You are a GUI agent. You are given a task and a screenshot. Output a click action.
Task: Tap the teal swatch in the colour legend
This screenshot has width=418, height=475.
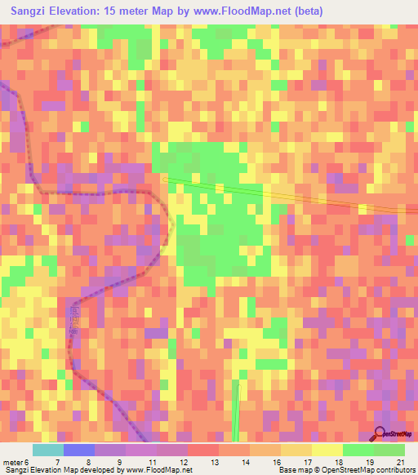48,451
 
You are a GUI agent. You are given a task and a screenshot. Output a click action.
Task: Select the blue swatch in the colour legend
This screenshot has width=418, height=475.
79,451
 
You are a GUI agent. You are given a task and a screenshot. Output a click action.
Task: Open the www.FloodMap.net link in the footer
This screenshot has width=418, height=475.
158,469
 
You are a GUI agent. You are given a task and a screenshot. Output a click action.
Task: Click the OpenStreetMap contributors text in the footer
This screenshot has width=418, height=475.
372,469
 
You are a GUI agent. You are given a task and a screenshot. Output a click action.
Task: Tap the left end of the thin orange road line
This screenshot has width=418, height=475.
164,178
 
